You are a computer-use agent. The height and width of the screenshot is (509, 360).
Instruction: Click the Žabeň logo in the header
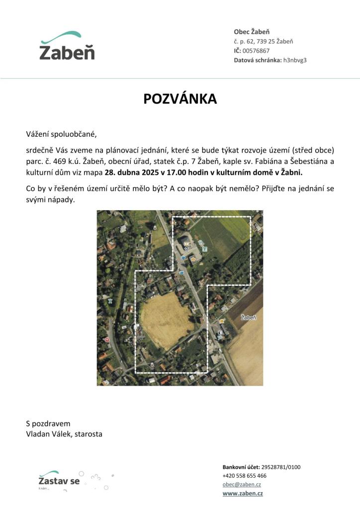[x=67, y=46]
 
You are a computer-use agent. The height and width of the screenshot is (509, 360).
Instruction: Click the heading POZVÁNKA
[x=180, y=99]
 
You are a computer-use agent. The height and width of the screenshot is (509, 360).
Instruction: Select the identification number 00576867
[x=256, y=51]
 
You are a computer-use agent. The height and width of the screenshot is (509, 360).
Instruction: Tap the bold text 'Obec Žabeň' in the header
[x=252, y=32]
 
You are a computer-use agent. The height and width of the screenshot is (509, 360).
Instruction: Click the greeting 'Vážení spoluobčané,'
[x=61, y=134]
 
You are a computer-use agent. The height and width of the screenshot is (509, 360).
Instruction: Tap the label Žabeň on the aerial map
[x=249, y=317]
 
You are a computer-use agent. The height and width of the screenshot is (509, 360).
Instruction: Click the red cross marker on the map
[x=107, y=340]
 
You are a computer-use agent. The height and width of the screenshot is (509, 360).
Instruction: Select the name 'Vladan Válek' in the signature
[x=48, y=434]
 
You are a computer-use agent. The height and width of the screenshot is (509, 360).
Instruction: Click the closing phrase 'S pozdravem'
[x=48, y=424]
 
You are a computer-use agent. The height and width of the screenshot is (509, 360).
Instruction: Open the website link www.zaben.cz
[x=243, y=494]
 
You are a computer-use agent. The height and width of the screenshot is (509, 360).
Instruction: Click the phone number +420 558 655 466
[x=245, y=476]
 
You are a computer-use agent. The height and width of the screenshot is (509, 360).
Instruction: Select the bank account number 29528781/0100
[x=281, y=467]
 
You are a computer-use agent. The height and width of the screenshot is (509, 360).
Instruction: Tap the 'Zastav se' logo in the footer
[x=59, y=481]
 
